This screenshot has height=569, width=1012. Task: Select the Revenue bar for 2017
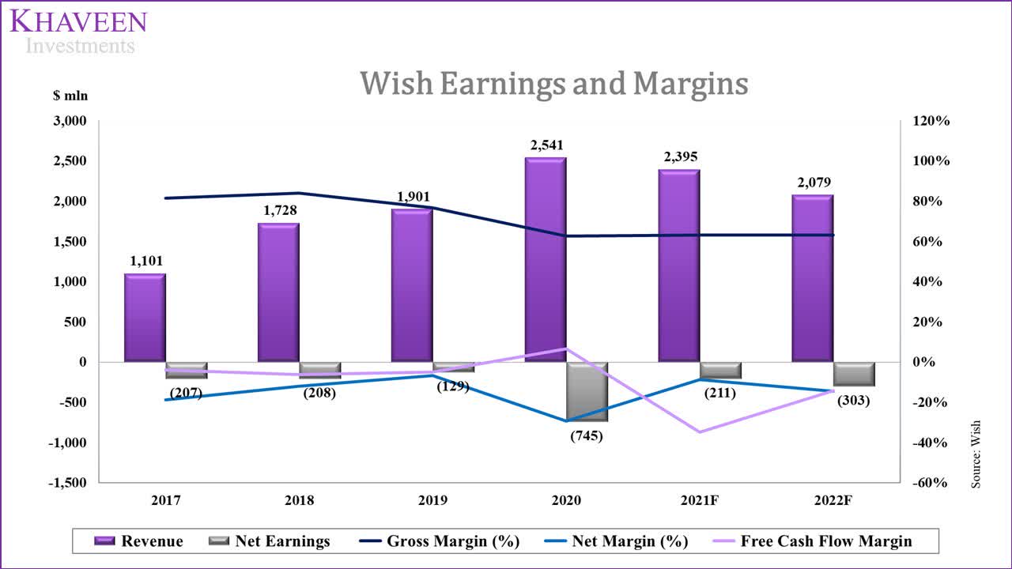pyautogui.click(x=145, y=318)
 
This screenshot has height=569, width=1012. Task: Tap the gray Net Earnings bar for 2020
pyautogui.click(x=587, y=391)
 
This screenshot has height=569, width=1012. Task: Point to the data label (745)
pyautogui.click(x=586, y=435)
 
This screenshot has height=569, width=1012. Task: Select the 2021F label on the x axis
pyautogui.click(x=700, y=501)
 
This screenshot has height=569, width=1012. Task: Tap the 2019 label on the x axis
pyautogui.click(x=432, y=501)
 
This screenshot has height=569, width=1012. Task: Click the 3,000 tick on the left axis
pyautogui.click(x=70, y=121)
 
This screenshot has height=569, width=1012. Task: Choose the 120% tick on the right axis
pyautogui.click(x=931, y=121)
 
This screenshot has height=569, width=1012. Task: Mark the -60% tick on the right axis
pyautogui.click(x=931, y=483)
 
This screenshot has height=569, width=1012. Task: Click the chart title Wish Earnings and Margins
pyautogui.click(x=553, y=84)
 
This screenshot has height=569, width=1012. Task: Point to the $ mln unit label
pyautogui.click(x=70, y=96)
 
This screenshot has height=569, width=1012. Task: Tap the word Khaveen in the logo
pyautogui.click(x=78, y=21)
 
